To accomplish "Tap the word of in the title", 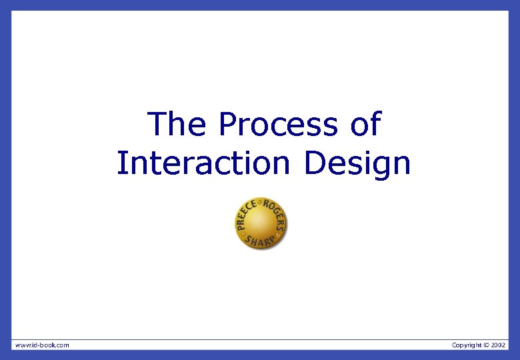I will pyautogui.click(x=364, y=125).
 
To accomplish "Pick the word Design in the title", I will pyautogui.click(x=357, y=163).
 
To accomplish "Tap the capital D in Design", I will pyautogui.click(x=315, y=163).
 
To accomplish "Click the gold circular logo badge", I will pyautogui.click(x=260, y=224).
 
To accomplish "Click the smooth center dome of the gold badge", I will pyautogui.click(x=260, y=223).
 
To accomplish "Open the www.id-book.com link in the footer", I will pyautogui.click(x=42, y=345).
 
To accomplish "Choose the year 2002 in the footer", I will pyautogui.click(x=499, y=345).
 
